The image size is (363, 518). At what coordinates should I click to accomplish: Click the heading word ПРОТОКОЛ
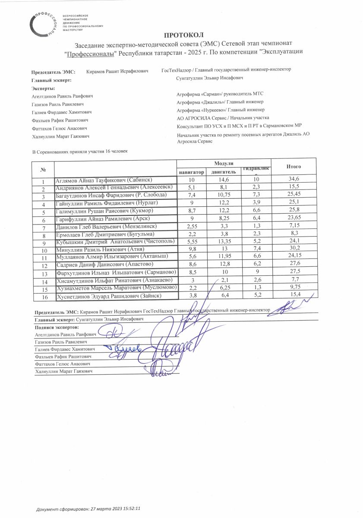(183, 35)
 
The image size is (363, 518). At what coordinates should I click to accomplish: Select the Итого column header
(294, 167)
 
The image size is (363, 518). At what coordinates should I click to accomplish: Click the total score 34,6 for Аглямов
(294, 180)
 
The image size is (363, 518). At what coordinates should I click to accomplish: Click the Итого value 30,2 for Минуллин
(294, 250)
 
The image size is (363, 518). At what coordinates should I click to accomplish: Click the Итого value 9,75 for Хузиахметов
(294, 289)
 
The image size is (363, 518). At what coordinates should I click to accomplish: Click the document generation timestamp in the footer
(89, 509)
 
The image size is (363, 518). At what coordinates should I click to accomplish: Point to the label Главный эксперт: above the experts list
(51, 81)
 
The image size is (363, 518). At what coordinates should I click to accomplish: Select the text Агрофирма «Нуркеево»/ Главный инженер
(218, 110)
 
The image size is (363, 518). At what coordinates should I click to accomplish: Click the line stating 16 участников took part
(80, 152)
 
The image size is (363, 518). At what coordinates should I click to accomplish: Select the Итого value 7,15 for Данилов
(294, 227)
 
